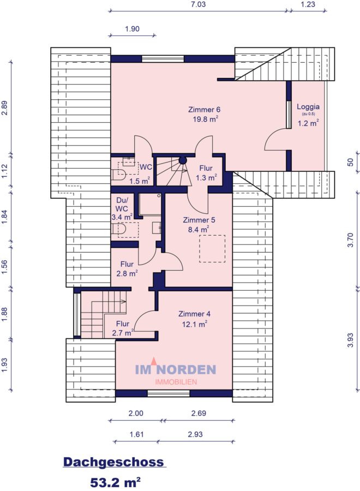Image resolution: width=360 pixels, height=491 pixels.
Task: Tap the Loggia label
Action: pos(308,107)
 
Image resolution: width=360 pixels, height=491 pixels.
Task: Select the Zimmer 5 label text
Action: pos(199,220)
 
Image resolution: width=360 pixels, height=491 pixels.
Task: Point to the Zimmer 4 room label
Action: pos(194,314)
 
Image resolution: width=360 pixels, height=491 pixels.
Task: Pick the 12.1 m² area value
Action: pos(194,324)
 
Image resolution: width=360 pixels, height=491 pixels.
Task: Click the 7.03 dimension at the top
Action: pos(197,4)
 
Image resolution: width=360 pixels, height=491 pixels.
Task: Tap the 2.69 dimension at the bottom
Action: pos(199,414)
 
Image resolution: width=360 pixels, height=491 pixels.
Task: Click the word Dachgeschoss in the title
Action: pos(113,462)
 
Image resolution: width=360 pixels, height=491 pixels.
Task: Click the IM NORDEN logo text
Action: pos(176,370)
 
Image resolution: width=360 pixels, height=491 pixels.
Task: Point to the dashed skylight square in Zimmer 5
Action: pos(212,248)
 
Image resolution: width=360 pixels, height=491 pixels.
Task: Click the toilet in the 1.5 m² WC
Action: pos(118,174)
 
